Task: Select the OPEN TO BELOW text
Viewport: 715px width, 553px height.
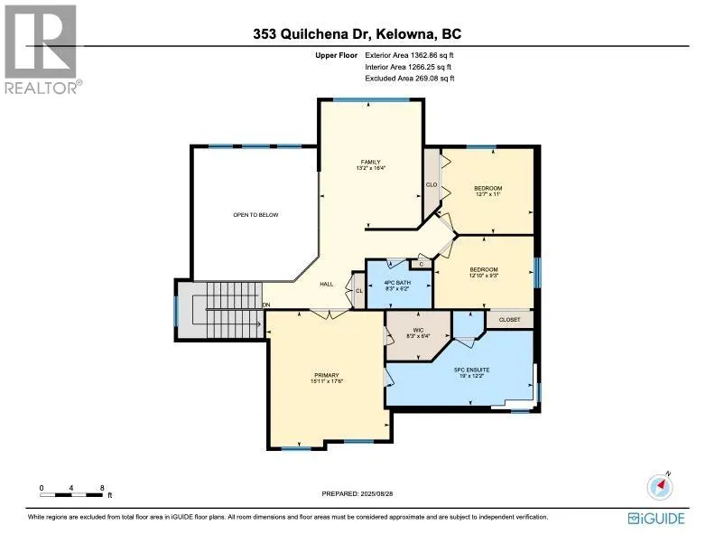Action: pyautogui.click(x=255, y=215)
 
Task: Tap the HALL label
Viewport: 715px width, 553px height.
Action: pyautogui.click(x=326, y=284)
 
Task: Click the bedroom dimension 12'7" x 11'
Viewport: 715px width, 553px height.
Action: pyautogui.click(x=487, y=194)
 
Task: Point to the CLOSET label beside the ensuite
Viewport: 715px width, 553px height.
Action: pyautogui.click(x=510, y=319)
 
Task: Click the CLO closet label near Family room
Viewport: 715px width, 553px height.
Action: pyautogui.click(x=432, y=184)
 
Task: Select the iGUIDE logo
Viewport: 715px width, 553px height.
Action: pyautogui.click(x=656, y=518)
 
